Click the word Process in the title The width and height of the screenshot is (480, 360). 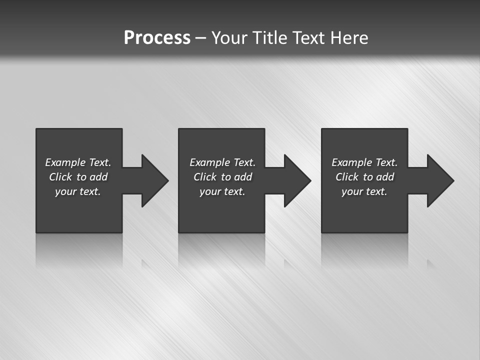pyautogui.click(x=157, y=38)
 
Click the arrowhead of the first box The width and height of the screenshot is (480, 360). pyautogui.click(x=154, y=180)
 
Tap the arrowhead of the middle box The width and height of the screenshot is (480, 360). pyautogui.click(x=297, y=180)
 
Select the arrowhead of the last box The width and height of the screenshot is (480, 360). pyautogui.click(x=440, y=180)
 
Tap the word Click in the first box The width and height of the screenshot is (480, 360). pyautogui.click(x=60, y=177)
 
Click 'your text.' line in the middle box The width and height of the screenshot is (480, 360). pyautogui.click(x=222, y=191)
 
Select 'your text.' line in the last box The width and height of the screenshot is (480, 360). pyautogui.click(x=364, y=191)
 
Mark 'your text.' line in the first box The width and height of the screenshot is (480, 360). pyautogui.click(x=78, y=191)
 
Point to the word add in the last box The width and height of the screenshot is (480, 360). pyautogui.click(x=385, y=177)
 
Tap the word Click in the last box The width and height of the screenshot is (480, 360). pyautogui.click(x=347, y=177)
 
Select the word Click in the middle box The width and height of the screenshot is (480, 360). pyautogui.click(x=205, y=177)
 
